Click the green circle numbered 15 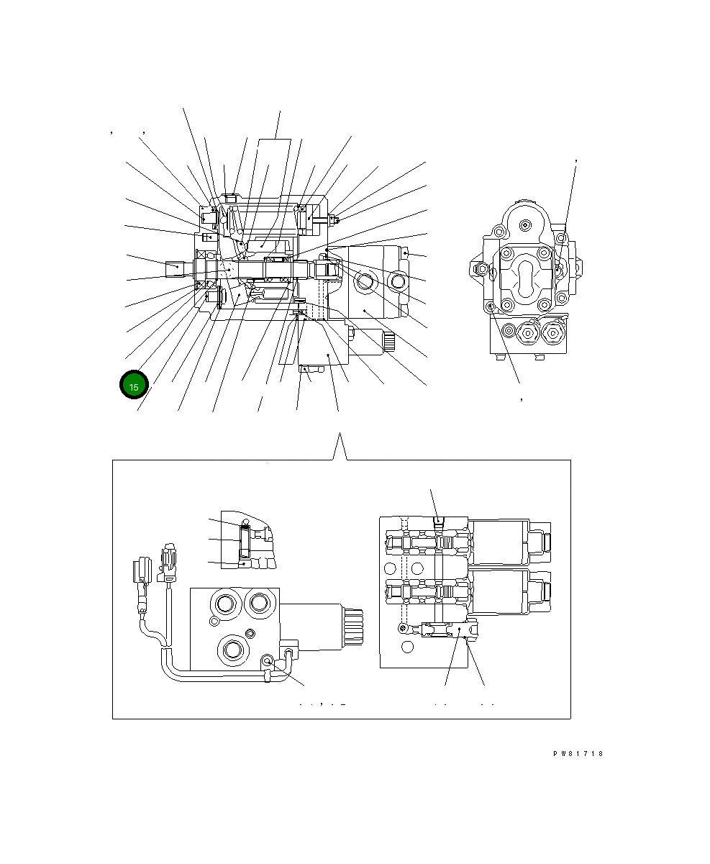point(134,386)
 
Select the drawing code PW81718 point(577,754)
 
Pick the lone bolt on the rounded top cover point(526,226)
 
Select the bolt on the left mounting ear point(481,270)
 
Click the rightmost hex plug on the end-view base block point(552,333)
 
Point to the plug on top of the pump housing point(230,198)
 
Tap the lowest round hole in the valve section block point(407,647)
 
